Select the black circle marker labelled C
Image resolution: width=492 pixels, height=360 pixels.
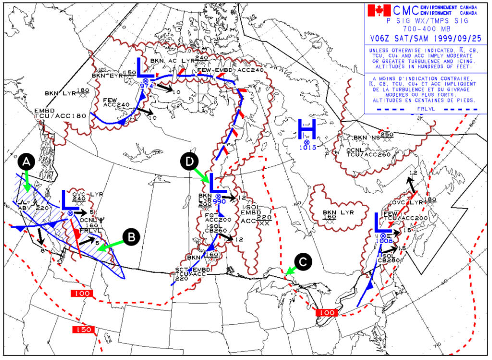303,261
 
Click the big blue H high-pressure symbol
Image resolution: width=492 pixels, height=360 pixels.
307,129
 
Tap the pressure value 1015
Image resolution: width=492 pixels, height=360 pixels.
307,148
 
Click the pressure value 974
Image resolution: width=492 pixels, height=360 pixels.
146,86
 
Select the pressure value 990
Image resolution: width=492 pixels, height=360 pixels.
219,201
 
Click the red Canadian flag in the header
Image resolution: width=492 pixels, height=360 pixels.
379,10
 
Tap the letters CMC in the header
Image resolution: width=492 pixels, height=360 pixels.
406,10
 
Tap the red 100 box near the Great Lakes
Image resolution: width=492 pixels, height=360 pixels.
325,313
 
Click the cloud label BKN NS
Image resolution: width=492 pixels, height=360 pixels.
367,138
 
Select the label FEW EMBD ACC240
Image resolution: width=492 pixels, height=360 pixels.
231,71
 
